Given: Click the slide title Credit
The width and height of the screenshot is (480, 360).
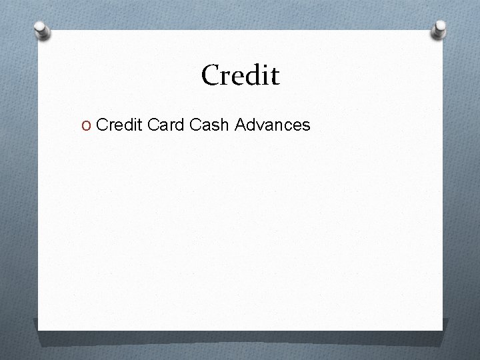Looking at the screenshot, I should [241, 75].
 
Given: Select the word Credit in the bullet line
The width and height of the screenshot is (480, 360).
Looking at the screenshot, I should [119, 124].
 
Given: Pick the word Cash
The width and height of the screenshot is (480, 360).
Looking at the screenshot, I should [209, 124].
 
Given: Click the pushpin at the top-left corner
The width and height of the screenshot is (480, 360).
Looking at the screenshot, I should [42, 30].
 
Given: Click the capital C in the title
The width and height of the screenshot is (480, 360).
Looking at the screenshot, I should [211, 75].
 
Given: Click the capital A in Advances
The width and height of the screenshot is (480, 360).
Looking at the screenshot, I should [240, 124].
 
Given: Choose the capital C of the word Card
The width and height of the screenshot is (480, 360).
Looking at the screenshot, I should [152, 124].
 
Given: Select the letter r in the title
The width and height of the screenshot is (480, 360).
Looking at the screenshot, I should [226, 77].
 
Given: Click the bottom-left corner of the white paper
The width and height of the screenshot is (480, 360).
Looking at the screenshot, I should [38, 329].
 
